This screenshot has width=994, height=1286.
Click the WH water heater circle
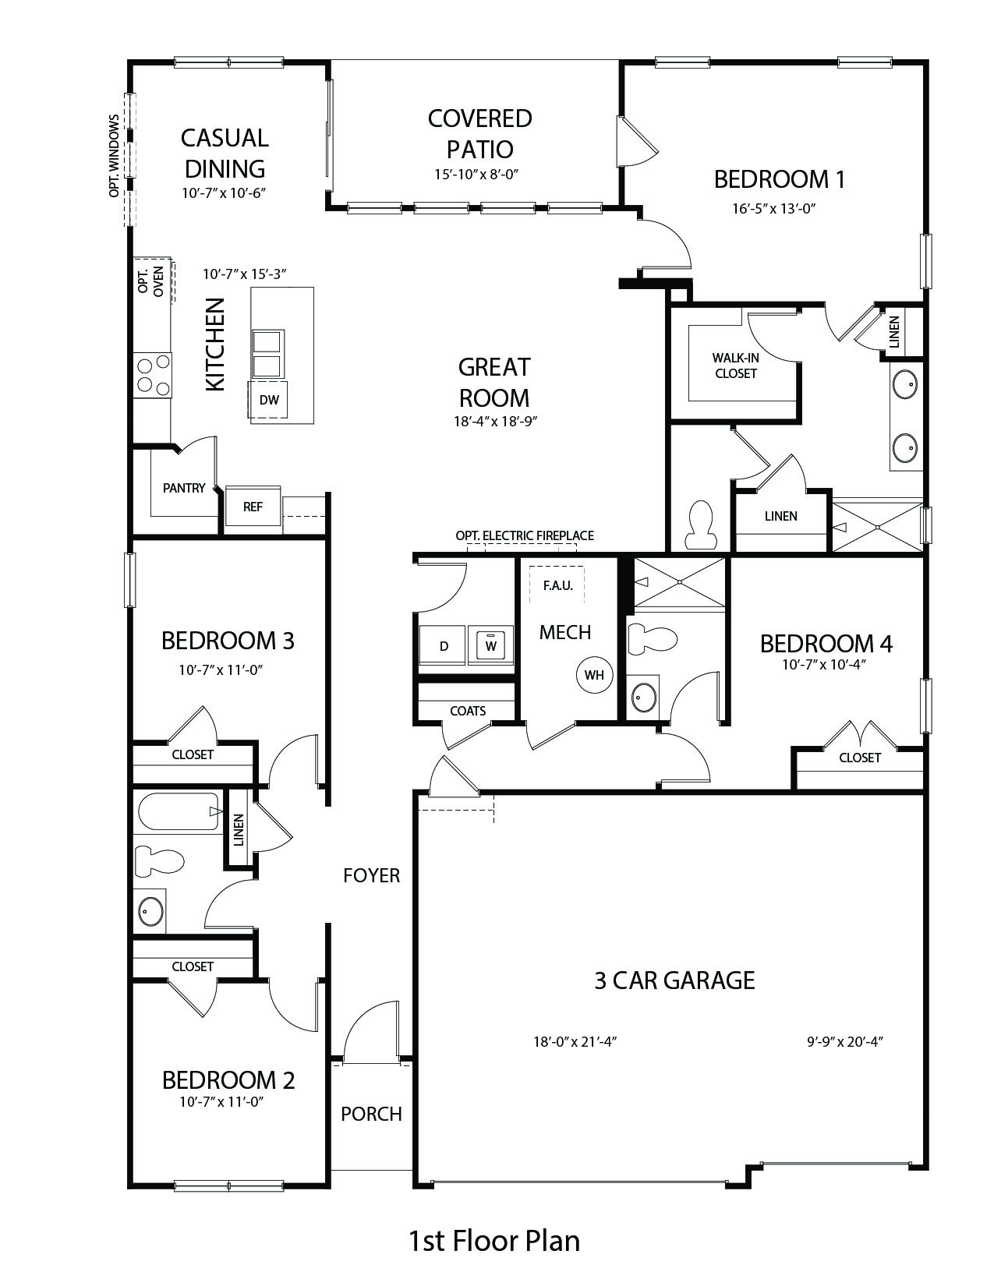coord(594,675)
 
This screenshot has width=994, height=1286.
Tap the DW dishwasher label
coord(270,400)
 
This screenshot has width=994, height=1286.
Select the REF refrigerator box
coord(253,507)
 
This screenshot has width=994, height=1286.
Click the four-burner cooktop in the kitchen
coord(153,375)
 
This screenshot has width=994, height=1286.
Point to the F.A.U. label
coord(557,586)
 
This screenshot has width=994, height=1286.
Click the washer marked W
coord(491,645)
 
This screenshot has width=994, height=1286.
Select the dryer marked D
coord(444,646)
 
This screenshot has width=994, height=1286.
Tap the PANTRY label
coord(183,488)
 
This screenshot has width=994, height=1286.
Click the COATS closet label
coord(468,711)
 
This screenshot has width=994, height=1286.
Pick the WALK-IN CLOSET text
coord(735,366)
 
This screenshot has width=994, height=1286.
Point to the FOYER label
coord(372,875)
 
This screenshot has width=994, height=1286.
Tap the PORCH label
coord(371,1114)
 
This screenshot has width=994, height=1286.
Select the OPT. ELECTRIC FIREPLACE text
coord(525,535)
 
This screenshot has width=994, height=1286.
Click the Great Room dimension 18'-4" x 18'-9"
coord(495,422)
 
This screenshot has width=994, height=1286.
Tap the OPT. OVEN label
coord(150,281)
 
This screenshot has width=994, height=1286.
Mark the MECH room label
coord(564,632)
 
